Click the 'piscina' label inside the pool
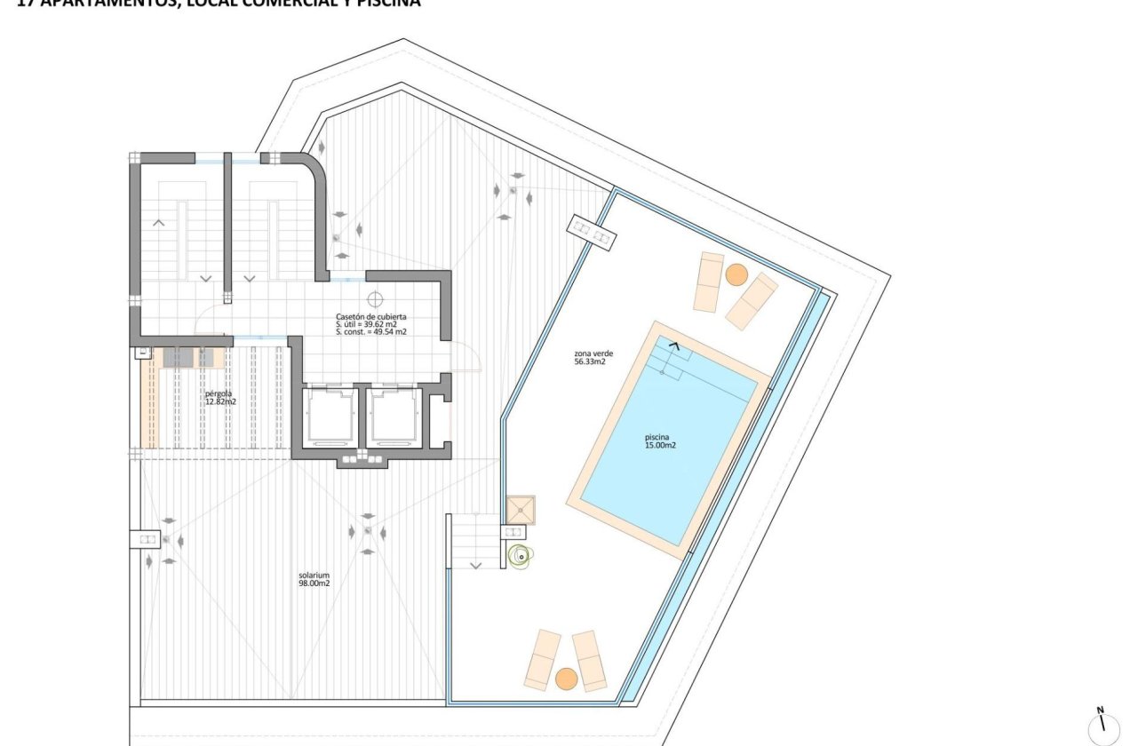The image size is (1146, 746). click(x=660, y=437)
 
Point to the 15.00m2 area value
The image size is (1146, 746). click(x=660, y=446)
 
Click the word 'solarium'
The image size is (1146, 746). click(x=314, y=575)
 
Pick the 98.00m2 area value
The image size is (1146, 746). click(x=314, y=583)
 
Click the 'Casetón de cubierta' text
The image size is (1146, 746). click(x=371, y=317)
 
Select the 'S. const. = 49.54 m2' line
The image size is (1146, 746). click(x=371, y=331)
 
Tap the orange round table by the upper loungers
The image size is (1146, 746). click(x=736, y=274)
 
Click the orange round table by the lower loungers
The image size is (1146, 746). click(x=566, y=679)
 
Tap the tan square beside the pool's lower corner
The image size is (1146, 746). click(x=521, y=509)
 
